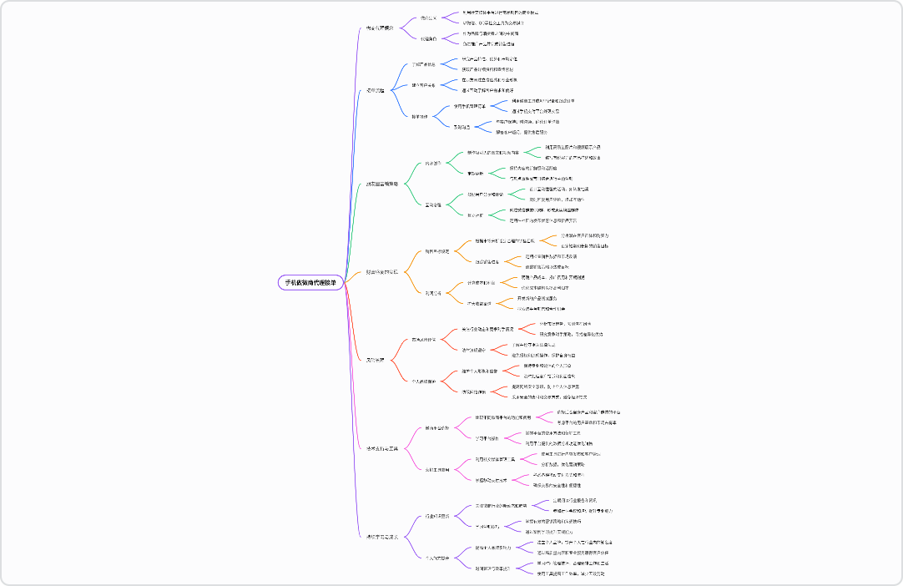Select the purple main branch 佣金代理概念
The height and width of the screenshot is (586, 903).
click(381, 28)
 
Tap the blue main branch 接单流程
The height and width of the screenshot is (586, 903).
click(376, 90)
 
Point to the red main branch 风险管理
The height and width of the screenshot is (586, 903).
click(376, 360)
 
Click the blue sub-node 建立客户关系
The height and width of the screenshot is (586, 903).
click(424, 85)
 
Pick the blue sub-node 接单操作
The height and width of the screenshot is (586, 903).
click(421, 116)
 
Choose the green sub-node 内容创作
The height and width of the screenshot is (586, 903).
click(433, 163)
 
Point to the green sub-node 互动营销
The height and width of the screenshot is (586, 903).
click(433, 205)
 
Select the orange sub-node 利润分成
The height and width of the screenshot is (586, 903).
click(433, 293)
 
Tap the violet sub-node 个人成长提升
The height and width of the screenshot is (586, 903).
click(439, 557)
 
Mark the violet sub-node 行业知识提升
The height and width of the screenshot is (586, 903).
click(437, 516)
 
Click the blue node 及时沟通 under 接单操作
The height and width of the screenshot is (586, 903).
click(462, 127)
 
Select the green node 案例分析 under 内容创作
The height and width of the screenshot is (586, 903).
click(476, 173)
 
